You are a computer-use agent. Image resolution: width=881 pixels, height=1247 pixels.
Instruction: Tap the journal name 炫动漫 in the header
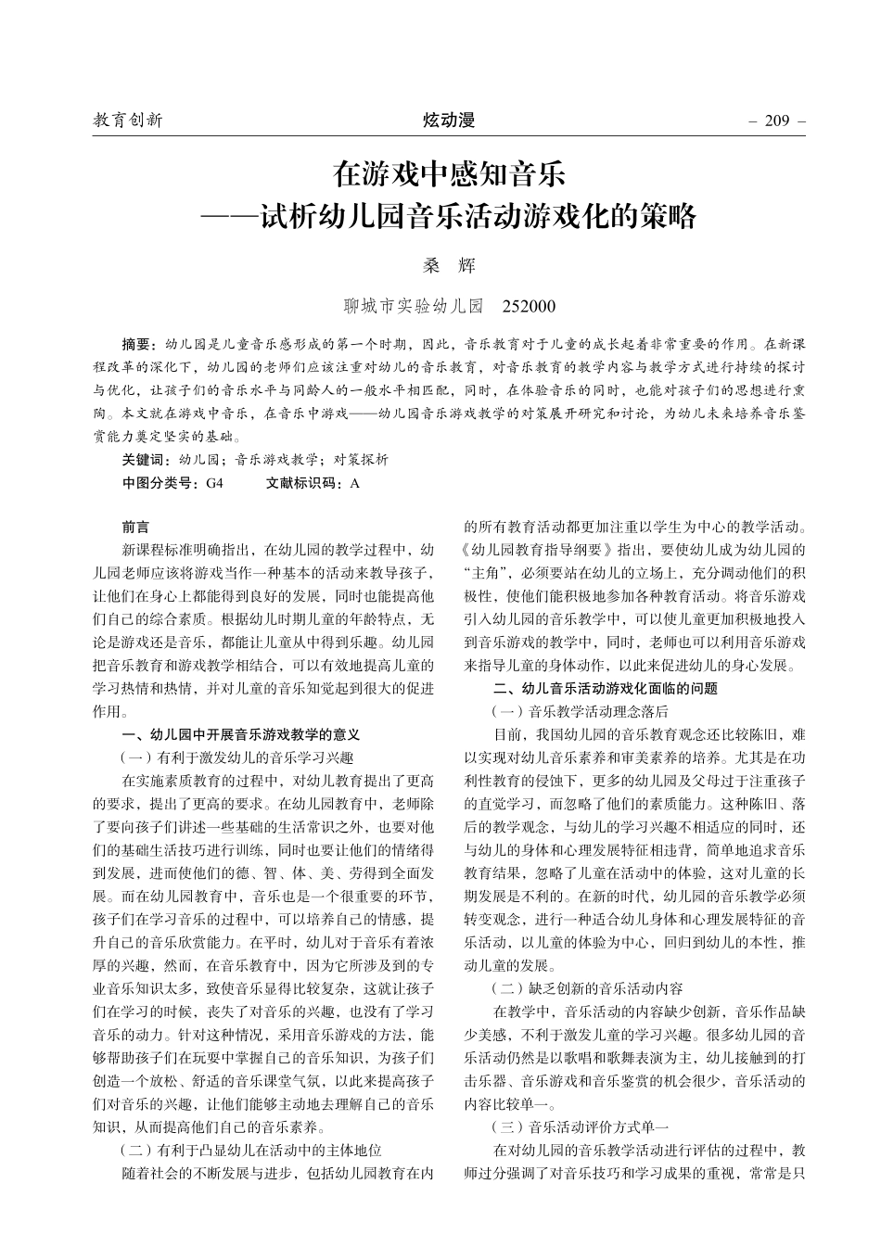pyautogui.click(x=449, y=121)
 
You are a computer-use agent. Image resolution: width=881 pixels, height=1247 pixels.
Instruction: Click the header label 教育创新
pyautogui.click(x=128, y=121)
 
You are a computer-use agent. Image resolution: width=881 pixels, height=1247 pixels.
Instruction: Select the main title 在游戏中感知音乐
pyautogui.click(x=449, y=174)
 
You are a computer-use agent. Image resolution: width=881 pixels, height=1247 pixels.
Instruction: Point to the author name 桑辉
pyautogui.click(x=449, y=265)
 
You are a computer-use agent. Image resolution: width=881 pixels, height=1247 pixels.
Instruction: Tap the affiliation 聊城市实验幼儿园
pyautogui.click(x=414, y=305)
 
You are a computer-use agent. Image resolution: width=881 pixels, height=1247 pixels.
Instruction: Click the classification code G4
pyautogui.click(x=214, y=483)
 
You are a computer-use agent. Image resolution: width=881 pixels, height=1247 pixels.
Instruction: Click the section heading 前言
pyautogui.click(x=135, y=527)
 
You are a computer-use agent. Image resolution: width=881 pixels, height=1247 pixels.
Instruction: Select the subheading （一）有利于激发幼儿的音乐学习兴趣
pyautogui.click(x=237, y=757)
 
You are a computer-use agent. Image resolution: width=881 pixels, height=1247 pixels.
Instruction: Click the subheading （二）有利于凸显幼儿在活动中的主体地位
pyautogui.click(x=251, y=1151)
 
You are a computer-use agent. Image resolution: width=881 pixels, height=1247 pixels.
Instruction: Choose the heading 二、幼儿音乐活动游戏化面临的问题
pyautogui.click(x=606, y=688)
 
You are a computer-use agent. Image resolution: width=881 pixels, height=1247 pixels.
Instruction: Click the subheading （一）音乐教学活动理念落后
pyautogui.click(x=579, y=711)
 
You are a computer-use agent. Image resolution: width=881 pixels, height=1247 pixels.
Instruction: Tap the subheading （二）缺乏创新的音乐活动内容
pyautogui.click(x=586, y=988)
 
